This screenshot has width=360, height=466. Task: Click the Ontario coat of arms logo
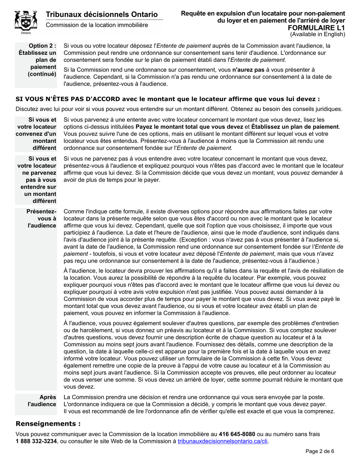tap(26, 21)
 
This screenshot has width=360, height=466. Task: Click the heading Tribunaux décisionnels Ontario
tap(102, 14)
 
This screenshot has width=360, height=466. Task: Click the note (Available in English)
tap(318, 34)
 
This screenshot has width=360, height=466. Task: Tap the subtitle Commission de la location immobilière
tap(97, 25)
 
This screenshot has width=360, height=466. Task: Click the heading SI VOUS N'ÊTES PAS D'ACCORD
tap(167, 99)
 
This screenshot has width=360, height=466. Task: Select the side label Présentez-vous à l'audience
tap(41, 218)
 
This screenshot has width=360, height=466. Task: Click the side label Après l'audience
tap(42, 400)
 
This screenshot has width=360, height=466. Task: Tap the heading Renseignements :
tap(48, 423)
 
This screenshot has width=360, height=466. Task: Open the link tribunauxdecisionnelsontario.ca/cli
tap(222, 441)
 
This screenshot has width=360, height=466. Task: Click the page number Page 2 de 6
tap(320, 451)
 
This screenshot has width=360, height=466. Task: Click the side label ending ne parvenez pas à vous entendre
tap(37, 180)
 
